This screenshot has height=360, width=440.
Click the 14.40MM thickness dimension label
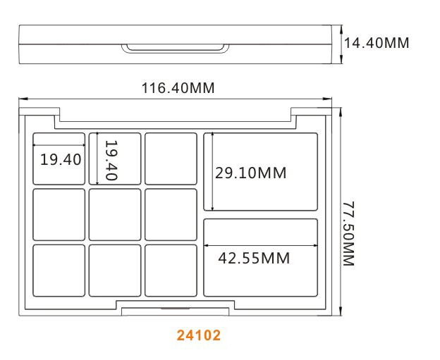tap(377, 43)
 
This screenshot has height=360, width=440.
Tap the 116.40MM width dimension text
tap(178, 88)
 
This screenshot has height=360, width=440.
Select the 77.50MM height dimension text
tap(349, 233)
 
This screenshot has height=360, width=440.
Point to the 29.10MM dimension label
tap(250, 173)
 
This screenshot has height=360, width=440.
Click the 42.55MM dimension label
tap(254, 259)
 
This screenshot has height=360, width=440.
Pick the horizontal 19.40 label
tap(61, 159)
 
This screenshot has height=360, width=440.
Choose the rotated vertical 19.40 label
tap(111, 160)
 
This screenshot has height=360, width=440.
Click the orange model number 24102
tap(199, 335)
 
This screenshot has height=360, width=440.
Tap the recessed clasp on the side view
tap(175, 48)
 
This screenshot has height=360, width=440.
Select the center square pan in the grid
tap(115, 215)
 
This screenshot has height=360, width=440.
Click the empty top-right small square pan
tap(171, 159)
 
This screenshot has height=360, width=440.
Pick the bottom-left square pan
tap(59, 271)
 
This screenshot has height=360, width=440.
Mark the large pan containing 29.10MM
tap(261, 172)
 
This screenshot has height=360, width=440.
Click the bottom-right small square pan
tap(171, 271)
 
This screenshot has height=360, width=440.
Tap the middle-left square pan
tap(59, 215)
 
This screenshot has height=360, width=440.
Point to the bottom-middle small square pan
tap(115, 271)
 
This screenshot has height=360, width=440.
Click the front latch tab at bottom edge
tap(175, 311)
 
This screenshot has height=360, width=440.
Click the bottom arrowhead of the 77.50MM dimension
tap(341, 312)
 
